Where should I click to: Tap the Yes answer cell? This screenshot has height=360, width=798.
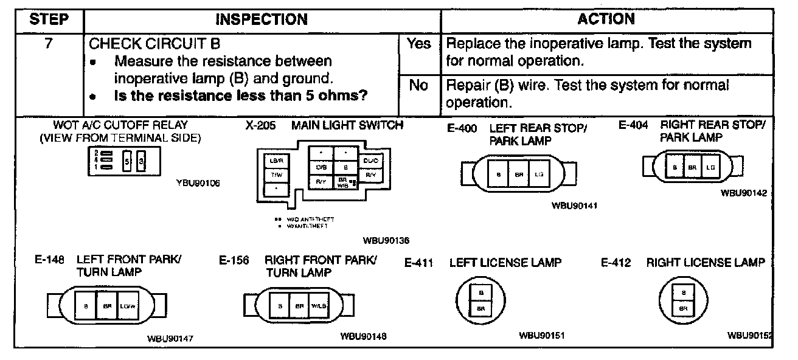418,44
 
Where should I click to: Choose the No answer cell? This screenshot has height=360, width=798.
418,86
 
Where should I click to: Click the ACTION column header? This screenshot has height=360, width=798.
606,19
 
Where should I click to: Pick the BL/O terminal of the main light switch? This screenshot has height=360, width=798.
370,161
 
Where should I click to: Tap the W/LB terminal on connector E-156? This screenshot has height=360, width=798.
318,306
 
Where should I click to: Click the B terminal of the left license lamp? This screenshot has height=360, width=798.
481,293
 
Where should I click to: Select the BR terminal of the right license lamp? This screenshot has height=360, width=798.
684,308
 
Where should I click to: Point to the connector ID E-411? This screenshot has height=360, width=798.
418,263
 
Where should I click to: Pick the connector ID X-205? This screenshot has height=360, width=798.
258,126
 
